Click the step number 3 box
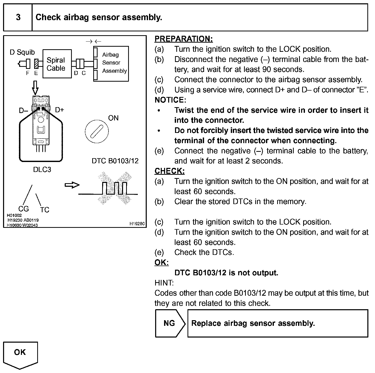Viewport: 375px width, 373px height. [18, 17]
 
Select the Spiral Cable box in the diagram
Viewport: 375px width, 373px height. [57, 64]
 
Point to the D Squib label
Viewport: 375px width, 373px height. [22, 52]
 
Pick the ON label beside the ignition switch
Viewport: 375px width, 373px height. [113, 118]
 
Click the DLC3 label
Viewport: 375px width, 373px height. [42, 170]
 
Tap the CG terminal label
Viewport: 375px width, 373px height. [24, 209]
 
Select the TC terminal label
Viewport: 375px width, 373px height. [45, 210]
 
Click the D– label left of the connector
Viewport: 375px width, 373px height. [23, 110]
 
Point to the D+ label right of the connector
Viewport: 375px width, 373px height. [60, 110]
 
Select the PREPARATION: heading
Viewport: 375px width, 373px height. [183, 39]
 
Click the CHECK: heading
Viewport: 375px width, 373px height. [169, 171]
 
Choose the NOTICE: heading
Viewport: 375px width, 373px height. [170, 100]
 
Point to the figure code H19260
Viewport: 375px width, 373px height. [137, 224]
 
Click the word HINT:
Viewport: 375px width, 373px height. [164, 283]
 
